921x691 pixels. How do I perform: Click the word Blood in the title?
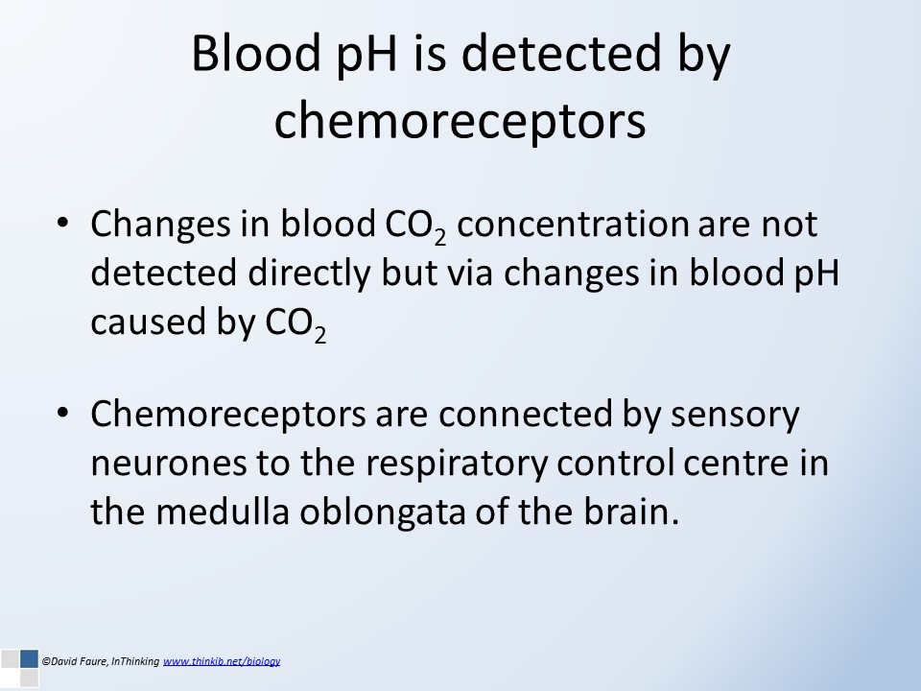(255, 54)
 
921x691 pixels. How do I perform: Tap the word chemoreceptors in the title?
(460, 122)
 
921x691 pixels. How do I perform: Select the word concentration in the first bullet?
(573, 224)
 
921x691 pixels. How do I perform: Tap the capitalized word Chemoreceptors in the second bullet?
(228, 415)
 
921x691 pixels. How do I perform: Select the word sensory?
(735, 416)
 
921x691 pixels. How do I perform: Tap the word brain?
(631, 511)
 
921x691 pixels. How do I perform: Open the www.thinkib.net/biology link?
(222, 661)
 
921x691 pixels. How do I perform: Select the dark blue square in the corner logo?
(29, 658)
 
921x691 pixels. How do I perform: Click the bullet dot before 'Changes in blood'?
(63, 223)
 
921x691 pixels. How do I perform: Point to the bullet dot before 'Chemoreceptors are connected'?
(63, 413)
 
